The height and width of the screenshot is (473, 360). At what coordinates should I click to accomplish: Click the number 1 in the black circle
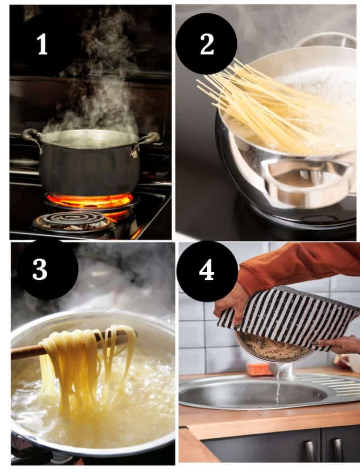click(42, 45)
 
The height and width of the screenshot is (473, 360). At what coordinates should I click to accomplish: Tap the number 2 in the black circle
click(207, 44)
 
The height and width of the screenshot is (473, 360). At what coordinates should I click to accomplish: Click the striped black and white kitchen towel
click(291, 315)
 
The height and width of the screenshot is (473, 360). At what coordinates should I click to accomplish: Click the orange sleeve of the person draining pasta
click(296, 264)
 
